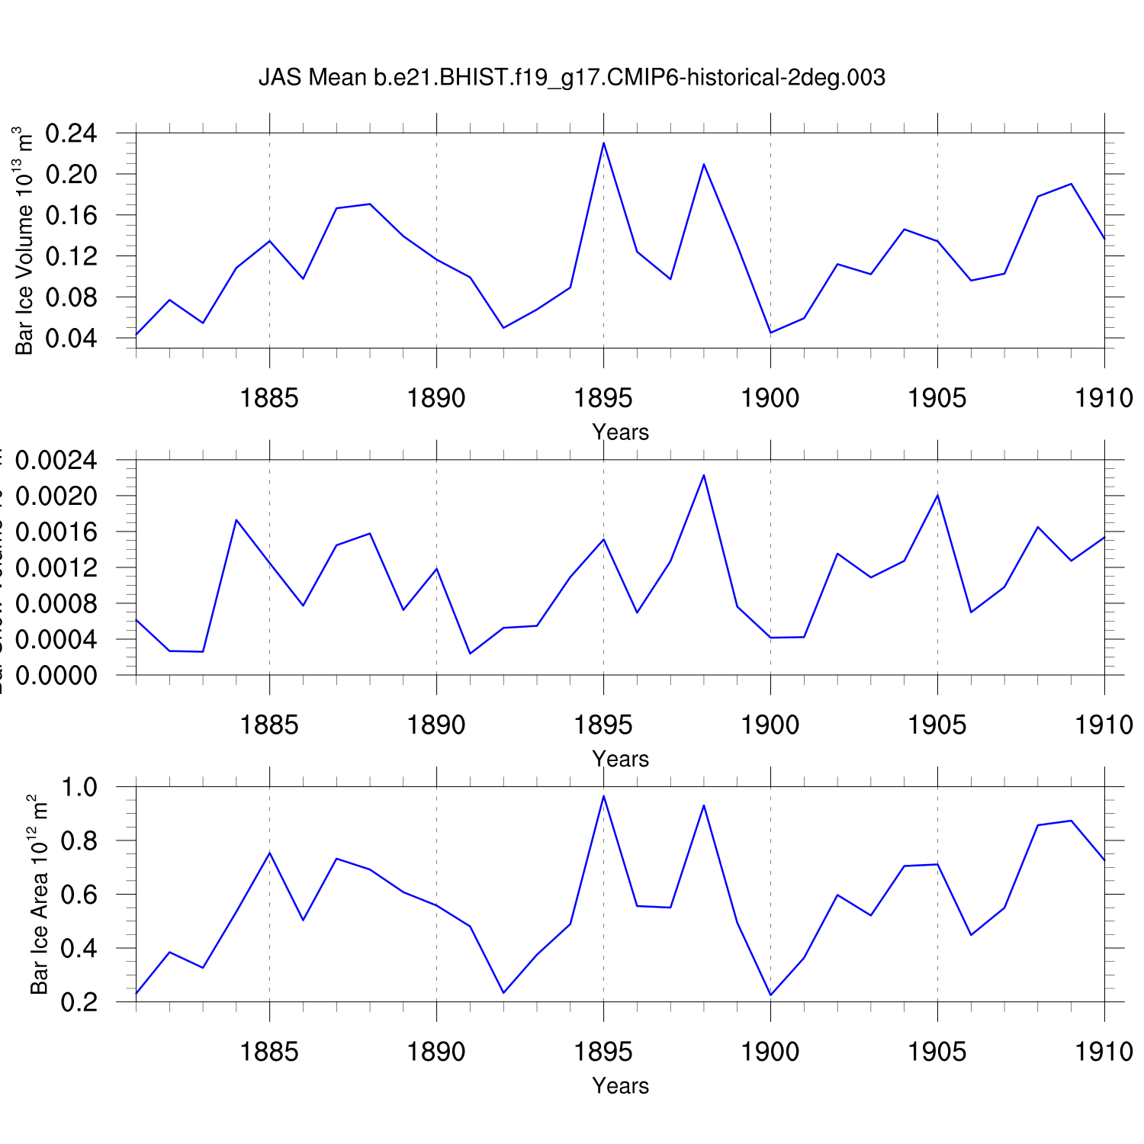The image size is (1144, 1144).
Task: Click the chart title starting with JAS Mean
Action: [572, 77]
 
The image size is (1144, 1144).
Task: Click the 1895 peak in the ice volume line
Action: [603, 143]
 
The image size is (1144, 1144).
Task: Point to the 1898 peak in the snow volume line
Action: [703, 475]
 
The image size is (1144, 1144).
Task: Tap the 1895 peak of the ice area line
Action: [603, 796]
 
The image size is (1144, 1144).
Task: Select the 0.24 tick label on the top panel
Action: [72, 133]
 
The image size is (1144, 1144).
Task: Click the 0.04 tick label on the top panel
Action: [72, 338]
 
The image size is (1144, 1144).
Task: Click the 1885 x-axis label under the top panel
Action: [269, 397]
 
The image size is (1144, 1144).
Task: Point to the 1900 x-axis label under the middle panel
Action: [770, 725]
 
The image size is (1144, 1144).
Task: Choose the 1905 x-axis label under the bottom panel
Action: [937, 1052]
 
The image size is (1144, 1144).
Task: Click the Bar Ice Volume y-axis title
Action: [24, 240]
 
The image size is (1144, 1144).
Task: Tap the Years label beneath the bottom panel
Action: [620, 1085]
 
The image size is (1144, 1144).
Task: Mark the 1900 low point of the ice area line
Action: [770, 995]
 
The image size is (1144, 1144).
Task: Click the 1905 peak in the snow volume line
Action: [937, 495]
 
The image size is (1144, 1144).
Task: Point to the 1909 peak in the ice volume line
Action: [1071, 184]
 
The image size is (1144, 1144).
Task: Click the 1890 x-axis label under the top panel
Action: [436, 397]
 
